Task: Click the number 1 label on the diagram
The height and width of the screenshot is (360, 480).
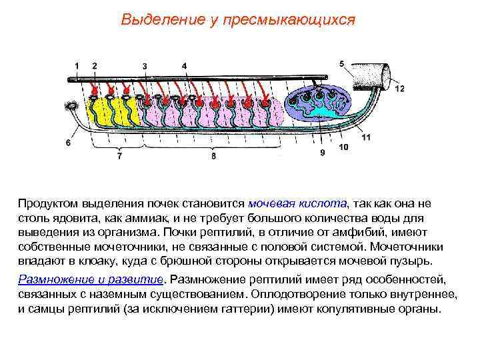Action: (77, 65)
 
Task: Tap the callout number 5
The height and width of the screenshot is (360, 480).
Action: (342, 63)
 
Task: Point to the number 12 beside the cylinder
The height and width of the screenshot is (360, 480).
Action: (399, 89)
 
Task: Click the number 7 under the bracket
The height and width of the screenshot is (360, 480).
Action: (119, 157)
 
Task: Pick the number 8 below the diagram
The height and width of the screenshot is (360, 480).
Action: (213, 157)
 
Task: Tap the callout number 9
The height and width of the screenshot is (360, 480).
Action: (323, 153)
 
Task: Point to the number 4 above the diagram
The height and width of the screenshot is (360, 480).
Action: (184, 65)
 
